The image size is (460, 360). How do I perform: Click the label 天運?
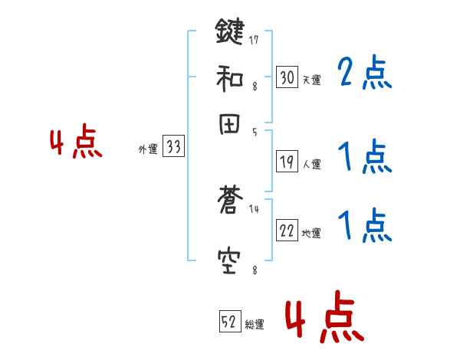311,80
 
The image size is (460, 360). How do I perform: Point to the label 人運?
311,164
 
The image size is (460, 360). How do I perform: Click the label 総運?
255,325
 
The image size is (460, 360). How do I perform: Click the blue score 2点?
364,74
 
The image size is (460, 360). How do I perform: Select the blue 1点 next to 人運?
364,157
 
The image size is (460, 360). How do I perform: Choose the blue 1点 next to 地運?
364,227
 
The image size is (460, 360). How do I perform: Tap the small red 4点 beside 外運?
76,143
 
